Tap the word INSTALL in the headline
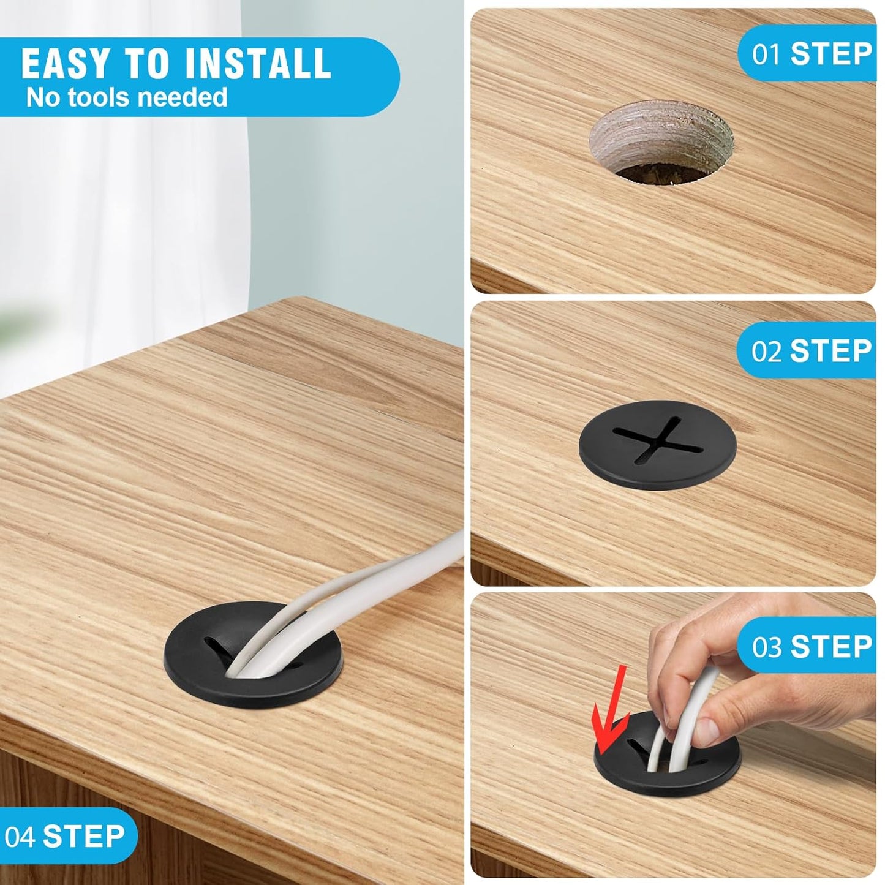[258, 64]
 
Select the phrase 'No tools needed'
[127, 98]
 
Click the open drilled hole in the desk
[661, 143]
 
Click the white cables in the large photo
[322, 606]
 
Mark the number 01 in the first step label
[766, 55]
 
